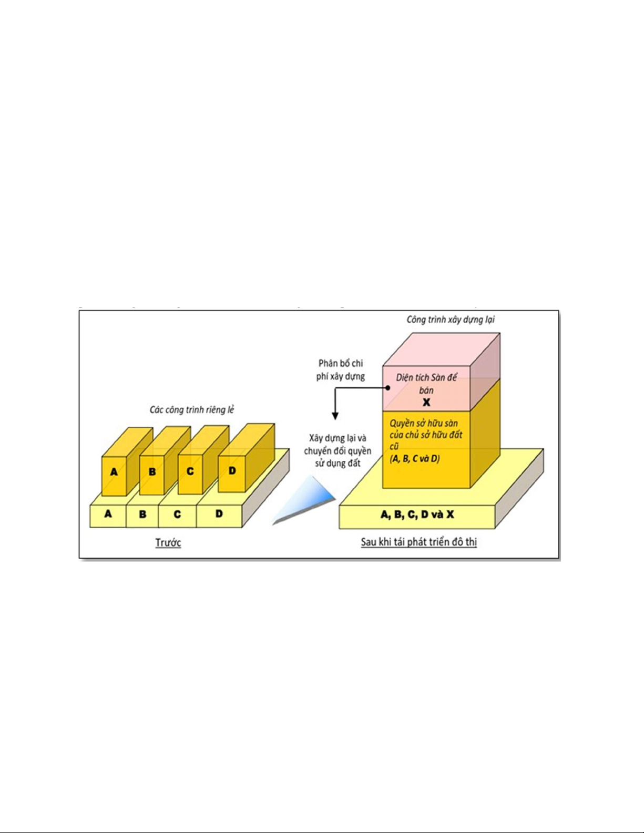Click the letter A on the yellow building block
tap(114, 472)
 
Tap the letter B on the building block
tap(152, 471)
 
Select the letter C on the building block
tap(190, 471)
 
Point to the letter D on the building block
tap(232, 470)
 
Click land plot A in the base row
tap(108, 513)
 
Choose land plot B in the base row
tap(142, 514)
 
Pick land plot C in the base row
tap(177, 514)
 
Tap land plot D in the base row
tap(219, 513)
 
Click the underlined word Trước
tap(168, 542)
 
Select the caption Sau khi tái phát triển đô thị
tap(418, 542)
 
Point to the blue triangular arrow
tap(310, 502)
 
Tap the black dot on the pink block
tap(387, 388)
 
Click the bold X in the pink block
tap(426, 403)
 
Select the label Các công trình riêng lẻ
tap(192, 409)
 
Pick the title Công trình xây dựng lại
tap(451, 319)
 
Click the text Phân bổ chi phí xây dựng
tap(341, 369)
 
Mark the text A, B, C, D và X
tap(417, 515)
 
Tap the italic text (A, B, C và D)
tap(415, 458)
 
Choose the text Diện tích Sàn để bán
tap(426, 384)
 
